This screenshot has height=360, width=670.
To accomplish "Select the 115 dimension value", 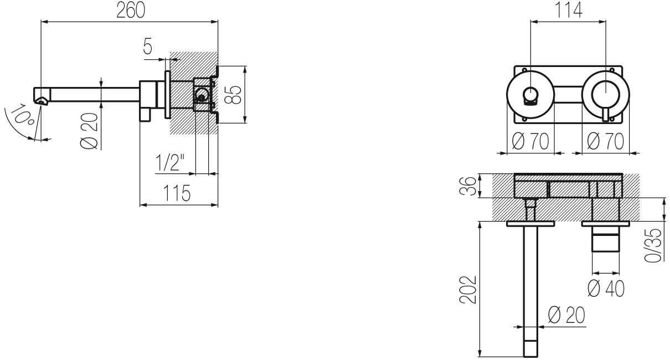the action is [x=177, y=193].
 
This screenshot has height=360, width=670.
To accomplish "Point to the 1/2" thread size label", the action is [x=170, y=162].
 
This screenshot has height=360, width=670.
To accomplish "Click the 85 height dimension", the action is [x=233, y=95].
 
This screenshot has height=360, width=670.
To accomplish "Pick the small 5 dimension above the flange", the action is [x=147, y=46].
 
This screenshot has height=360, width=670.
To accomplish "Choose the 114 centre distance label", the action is [x=568, y=11].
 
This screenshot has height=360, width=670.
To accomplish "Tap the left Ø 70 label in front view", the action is [x=530, y=141].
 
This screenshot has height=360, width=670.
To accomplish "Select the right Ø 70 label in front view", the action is [x=605, y=141].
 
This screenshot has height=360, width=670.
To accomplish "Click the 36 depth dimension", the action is [x=468, y=186].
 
